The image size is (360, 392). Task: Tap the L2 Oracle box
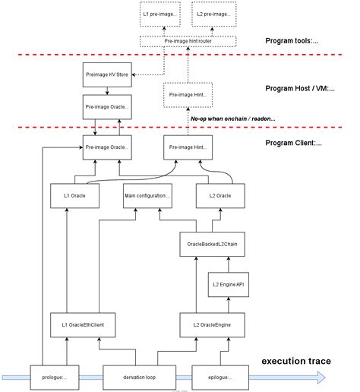(x=224, y=195)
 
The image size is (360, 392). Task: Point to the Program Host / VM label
(x=303, y=88)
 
